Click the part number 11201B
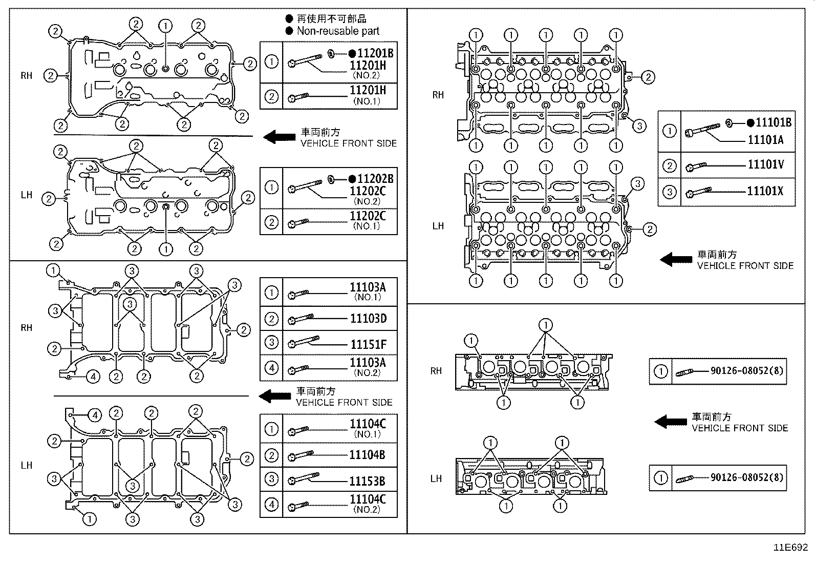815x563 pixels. click(x=375, y=53)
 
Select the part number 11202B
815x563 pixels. click(x=375, y=179)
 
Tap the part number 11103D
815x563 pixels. click(x=368, y=319)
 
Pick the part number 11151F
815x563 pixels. click(x=369, y=344)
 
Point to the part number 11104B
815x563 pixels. click(x=367, y=455)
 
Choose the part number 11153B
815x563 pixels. click(x=367, y=482)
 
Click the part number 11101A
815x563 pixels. click(x=765, y=140)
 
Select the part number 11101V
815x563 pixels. click(x=765, y=164)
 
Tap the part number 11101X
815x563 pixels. click(x=765, y=191)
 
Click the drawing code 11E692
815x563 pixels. click(x=790, y=547)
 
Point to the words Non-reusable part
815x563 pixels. click(x=338, y=31)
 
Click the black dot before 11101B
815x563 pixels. click(x=750, y=123)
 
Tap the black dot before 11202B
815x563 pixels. click(x=352, y=179)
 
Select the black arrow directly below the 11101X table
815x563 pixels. click(x=676, y=260)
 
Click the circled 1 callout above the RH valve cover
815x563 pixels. click(x=165, y=26)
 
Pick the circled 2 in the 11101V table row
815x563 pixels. click(x=670, y=166)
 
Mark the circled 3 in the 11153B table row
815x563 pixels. click(x=271, y=479)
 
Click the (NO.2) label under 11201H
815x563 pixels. click(x=366, y=75)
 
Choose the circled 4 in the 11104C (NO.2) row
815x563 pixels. click(x=271, y=505)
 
